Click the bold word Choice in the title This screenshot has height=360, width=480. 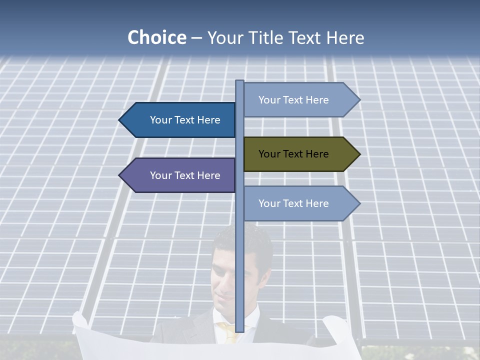[x=156, y=37]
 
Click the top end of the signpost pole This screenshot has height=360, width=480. [x=239, y=82]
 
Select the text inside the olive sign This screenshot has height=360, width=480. [x=293, y=154]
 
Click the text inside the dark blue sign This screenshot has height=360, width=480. [x=185, y=120]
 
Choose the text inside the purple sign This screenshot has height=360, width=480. [x=185, y=175]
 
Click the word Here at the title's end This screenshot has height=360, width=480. [x=345, y=37]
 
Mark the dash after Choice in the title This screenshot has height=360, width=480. [x=196, y=38]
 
